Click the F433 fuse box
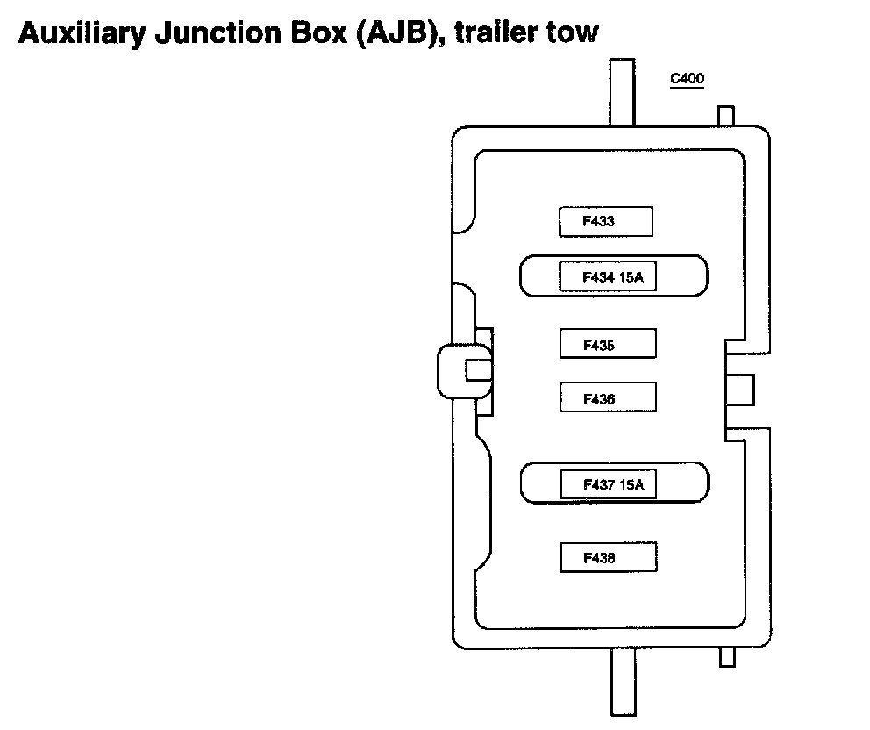[x=605, y=222]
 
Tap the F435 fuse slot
[x=608, y=344]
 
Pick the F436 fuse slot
[x=608, y=397]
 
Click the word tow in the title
[x=577, y=33]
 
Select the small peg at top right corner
[x=725, y=117]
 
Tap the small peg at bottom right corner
[x=725, y=657]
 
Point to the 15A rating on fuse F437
[x=630, y=483]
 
